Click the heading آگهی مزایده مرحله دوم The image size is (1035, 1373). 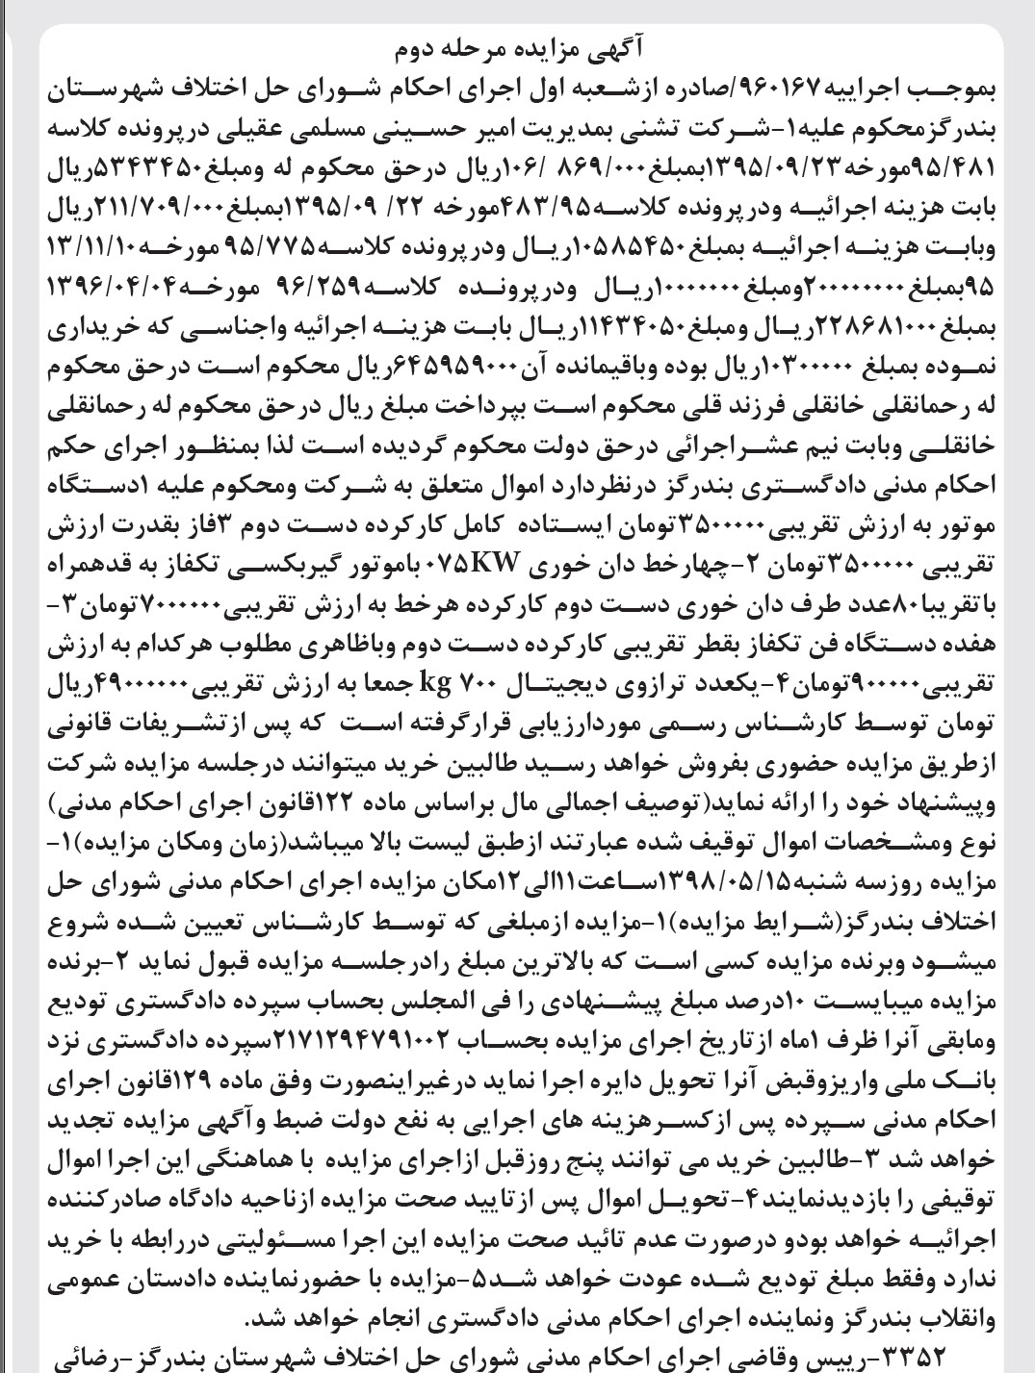tap(517, 48)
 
